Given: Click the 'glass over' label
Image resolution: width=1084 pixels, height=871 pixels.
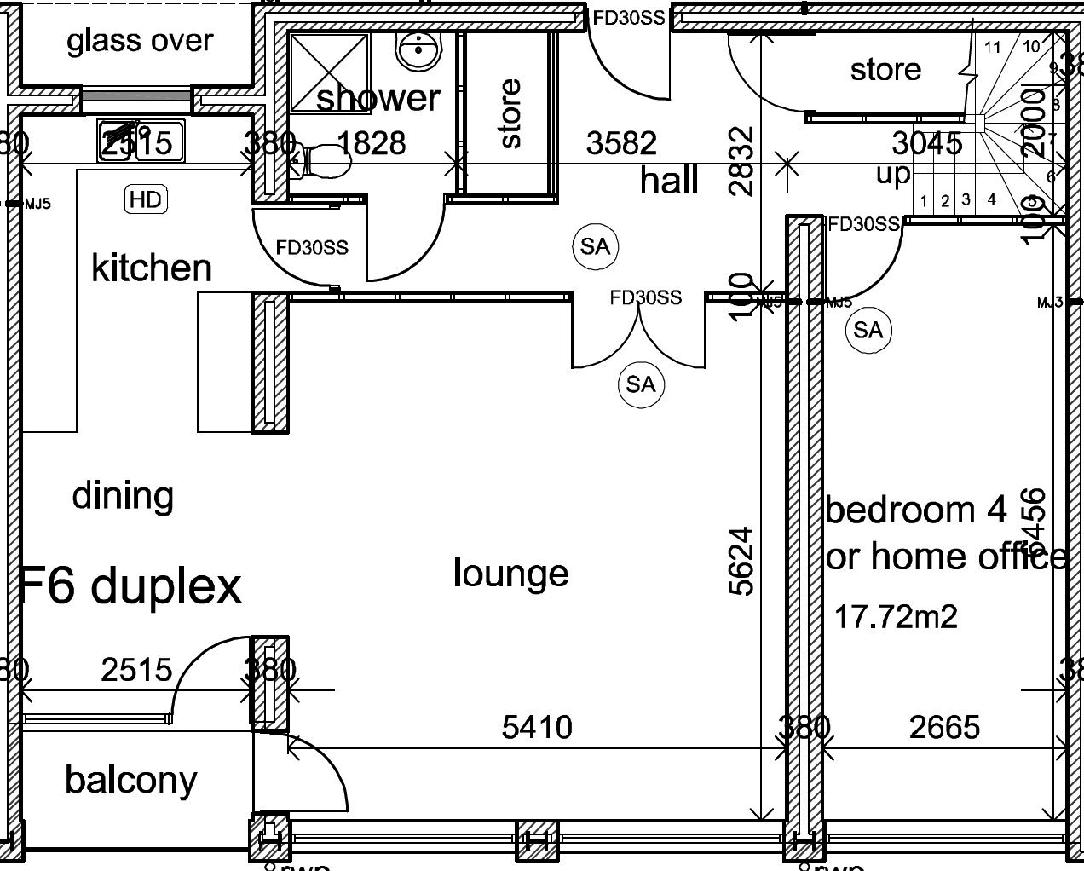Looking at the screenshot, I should tap(140, 41).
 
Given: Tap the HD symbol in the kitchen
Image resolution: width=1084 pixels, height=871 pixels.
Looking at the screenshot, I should tap(146, 199).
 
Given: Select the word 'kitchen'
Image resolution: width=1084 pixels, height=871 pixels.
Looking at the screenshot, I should tap(151, 268).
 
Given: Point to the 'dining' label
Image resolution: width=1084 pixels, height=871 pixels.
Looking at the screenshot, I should tap(123, 495).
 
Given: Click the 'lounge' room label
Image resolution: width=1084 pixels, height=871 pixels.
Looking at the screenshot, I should tap(510, 573).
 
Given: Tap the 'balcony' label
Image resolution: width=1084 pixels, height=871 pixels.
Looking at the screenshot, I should tap(130, 780).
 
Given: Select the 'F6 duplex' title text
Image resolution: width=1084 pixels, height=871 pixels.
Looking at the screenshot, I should tap(130, 585).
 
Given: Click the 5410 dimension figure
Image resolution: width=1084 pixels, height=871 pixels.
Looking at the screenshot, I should tap(537, 728).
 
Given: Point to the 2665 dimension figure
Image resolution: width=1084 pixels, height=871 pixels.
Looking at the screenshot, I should tap(944, 727).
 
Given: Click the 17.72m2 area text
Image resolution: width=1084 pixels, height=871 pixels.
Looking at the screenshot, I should tap(895, 615).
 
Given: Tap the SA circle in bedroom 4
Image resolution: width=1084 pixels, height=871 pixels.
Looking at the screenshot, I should tap(868, 330).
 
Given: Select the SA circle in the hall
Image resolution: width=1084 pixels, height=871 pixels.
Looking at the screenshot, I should tap(595, 246).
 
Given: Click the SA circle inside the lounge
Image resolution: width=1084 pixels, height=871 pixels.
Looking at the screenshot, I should tap(641, 384).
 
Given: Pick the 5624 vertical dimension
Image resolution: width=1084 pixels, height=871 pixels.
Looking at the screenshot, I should tap(741, 561).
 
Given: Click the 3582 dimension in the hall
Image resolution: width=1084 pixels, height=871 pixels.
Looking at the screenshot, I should tap(621, 143).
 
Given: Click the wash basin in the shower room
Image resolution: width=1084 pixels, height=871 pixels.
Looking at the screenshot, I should tap(418, 50).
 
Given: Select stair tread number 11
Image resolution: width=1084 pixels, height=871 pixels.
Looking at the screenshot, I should tap(992, 47).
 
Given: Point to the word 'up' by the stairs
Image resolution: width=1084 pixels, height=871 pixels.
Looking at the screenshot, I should tap(893, 174).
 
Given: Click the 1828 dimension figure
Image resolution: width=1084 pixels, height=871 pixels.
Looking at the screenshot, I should tap(372, 143).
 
